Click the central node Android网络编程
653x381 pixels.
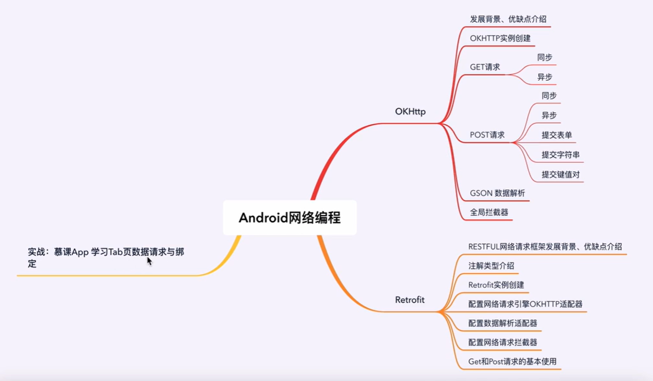(289, 218)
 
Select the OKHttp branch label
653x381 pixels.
(410, 112)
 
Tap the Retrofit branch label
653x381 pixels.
(410, 300)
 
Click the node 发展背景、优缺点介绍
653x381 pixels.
(508, 19)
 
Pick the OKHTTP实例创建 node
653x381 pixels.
(500, 38)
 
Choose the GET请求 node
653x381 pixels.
(484, 67)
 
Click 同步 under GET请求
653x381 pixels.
(544, 57)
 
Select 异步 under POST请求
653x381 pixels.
(549, 115)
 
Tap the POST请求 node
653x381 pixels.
(487, 135)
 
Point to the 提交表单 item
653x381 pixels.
(557, 135)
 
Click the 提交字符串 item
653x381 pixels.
(560, 155)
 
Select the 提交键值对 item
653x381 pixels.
(560, 174)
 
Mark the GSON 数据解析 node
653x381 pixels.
(497, 193)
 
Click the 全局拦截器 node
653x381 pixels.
(489, 212)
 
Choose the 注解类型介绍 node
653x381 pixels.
(491, 266)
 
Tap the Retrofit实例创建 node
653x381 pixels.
(496, 285)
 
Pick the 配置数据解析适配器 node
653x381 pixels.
(502, 323)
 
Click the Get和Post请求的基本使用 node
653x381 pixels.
(512, 361)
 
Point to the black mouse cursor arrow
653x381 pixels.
(149, 261)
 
